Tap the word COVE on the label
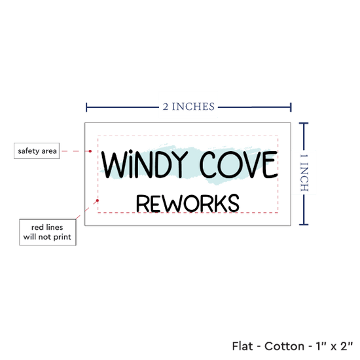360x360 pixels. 238,164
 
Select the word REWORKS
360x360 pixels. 188,203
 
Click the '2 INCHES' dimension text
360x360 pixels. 189,107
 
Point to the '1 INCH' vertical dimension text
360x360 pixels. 304,173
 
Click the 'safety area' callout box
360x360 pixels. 37,151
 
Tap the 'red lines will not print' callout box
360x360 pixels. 48,232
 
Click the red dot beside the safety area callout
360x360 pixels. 90,151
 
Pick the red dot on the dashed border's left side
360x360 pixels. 98,200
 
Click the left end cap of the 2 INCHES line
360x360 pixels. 86,107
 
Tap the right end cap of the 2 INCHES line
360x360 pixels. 291,107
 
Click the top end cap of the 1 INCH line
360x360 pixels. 304,124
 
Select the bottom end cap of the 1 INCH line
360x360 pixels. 304,225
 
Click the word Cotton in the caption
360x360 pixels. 284,346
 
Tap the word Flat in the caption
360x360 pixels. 242,346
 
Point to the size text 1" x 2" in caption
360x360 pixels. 334,346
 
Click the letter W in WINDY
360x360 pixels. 115,164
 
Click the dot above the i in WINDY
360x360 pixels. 131,152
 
